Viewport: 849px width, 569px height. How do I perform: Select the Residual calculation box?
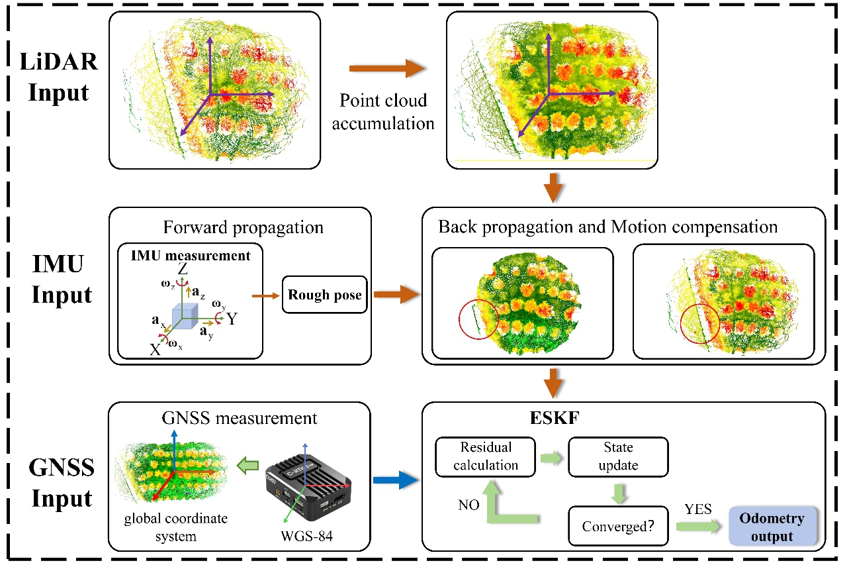tap(486, 456)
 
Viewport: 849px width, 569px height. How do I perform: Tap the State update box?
tap(619, 456)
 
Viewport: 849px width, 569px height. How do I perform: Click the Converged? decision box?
tap(619, 527)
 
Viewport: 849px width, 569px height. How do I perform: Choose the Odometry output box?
tap(772, 527)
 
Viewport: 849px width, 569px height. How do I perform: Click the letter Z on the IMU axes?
tap(183, 270)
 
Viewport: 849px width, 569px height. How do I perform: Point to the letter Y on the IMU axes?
tap(232, 319)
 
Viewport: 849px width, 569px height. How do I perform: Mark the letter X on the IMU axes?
tap(155, 350)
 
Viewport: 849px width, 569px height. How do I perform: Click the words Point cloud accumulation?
tap(383, 112)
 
